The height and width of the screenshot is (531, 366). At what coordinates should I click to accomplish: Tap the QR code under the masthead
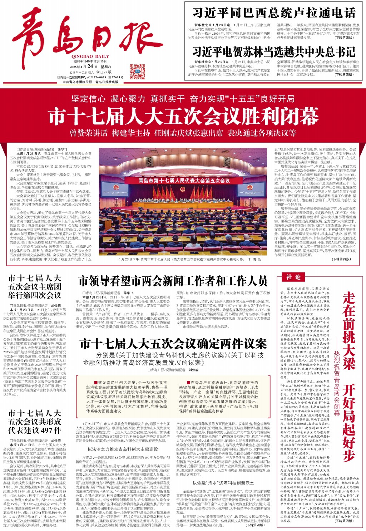coord(137,72)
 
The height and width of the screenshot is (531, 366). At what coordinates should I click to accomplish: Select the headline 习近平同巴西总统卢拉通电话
coord(274,13)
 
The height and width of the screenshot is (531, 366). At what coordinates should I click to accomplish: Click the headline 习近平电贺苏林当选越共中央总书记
coord(274,52)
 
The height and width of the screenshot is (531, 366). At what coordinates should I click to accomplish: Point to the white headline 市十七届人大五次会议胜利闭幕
coord(183,116)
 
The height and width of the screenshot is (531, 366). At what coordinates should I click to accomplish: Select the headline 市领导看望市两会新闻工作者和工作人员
coord(173,281)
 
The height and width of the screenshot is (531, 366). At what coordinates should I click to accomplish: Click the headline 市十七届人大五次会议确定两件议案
coord(173,344)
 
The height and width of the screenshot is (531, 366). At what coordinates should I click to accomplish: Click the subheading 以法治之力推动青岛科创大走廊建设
coord(123,449)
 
